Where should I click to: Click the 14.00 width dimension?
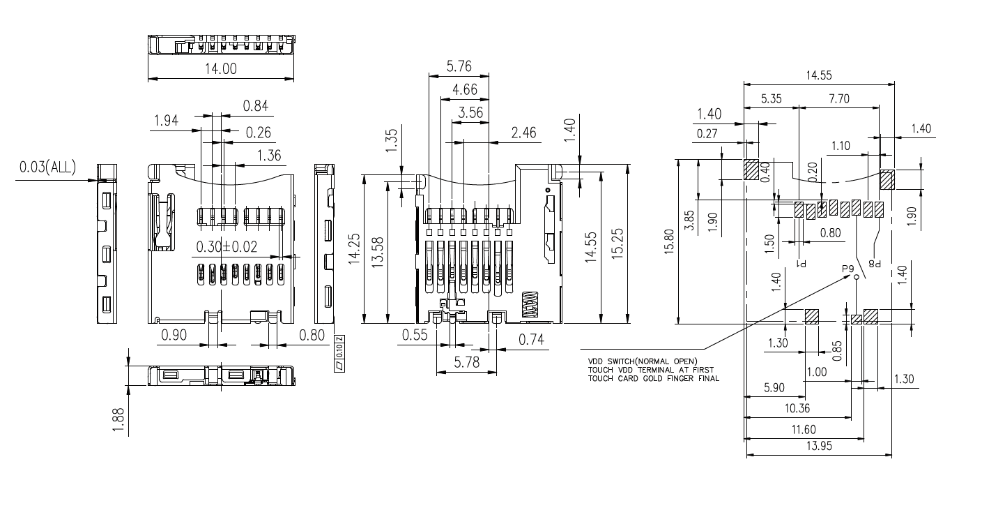pyautogui.click(x=220, y=69)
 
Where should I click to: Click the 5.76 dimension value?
pyautogui.click(x=459, y=68)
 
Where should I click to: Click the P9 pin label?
pyautogui.click(x=847, y=269)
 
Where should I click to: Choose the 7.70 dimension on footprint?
pyautogui.click(x=838, y=99)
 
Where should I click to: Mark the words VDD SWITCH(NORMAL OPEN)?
pyautogui.click(x=642, y=361)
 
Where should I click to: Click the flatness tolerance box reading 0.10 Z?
pyautogui.click(x=339, y=353)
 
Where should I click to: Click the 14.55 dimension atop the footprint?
pyautogui.click(x=819, y=75)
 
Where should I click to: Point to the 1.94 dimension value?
pyautogui.click(x=165, y=121)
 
